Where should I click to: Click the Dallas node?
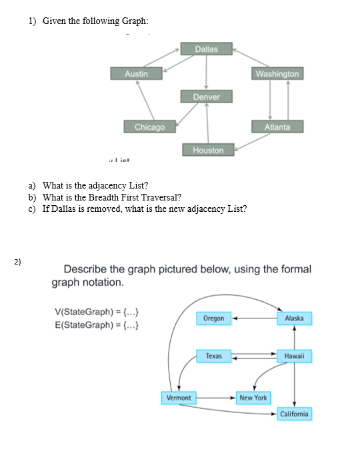point(207,49)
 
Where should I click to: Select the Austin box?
point(137,73)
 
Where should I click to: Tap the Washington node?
point(277,73)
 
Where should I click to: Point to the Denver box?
point(207,97)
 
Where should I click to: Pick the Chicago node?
point(149,127)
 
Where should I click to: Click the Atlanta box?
point(277,127)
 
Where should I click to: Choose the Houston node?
point(208,151)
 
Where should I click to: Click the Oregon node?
point(213,318)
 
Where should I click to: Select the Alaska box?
point(294,318)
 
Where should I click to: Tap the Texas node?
point(213,356)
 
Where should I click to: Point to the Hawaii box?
point(294,356)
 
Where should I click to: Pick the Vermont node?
point(178,398)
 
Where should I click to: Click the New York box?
point(253,398)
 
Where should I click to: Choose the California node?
point(294,414)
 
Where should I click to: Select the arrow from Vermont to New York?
point(215,398)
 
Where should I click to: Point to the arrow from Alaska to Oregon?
point(254,318)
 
